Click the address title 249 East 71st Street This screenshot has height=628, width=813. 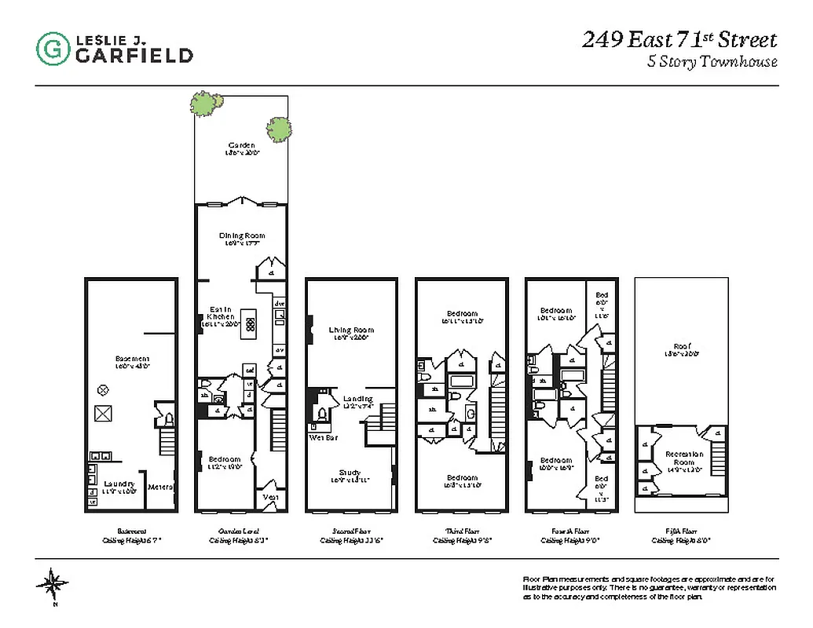679,40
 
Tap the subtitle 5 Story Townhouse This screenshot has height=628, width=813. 712,63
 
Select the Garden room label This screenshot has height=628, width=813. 241,145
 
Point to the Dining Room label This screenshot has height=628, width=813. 241,235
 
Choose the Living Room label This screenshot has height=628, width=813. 351,330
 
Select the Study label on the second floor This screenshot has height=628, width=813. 350,473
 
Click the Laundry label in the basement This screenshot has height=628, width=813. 119,484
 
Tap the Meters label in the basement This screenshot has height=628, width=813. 160,487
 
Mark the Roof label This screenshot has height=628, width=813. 681,346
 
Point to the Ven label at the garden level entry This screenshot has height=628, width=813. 269,496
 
